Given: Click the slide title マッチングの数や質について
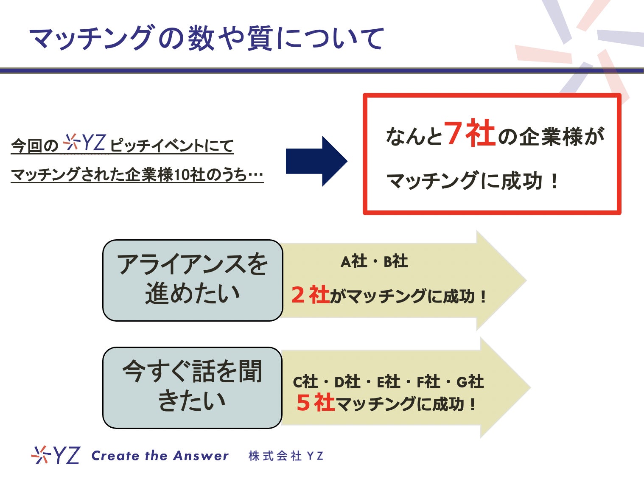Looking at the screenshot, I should click(x=207, y=38).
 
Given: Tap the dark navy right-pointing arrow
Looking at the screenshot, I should click(x=316, y=161).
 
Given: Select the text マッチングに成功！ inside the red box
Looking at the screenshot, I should click(x=473, y=181).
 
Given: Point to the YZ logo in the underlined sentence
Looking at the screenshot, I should click(x=84, y=143).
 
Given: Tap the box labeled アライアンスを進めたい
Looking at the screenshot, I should click(x=193, y=280).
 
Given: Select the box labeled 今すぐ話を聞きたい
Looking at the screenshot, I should click(x=192, y=387).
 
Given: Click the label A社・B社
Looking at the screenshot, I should click(x=374, y=261).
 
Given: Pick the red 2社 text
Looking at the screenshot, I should click(x=311, y=295).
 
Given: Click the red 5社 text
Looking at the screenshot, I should click(x=316, y=403).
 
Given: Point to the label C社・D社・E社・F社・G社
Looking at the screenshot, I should click(x=388, y=382).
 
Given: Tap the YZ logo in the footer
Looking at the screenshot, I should click(x=56, y=455).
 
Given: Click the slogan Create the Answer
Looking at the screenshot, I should click(x=160, y=456).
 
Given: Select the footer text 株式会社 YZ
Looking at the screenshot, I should click(x=286, y=456).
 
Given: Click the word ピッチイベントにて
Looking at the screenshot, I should click(x=172, y=146).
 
